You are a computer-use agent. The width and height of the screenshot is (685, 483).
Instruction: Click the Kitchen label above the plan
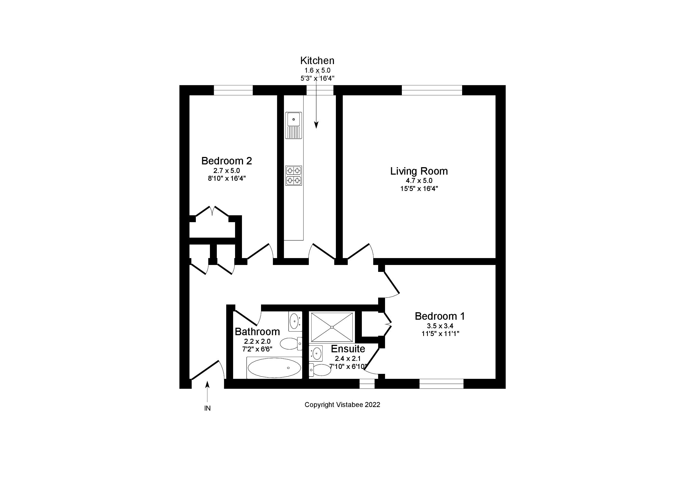pos(317,61)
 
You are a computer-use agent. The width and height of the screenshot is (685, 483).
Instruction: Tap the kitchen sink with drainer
pos(294,125)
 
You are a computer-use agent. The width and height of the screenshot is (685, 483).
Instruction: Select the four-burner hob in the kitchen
pos(294,175)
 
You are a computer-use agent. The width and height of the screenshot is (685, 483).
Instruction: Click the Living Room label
pos(419,171)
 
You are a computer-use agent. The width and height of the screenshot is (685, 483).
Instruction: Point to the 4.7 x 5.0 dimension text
pos(419,181)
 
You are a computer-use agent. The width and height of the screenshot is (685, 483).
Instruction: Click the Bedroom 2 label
pos(226,161)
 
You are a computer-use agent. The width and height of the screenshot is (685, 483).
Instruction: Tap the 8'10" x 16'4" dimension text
pos(226,179)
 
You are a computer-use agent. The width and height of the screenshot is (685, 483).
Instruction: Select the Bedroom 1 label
pos(440,316)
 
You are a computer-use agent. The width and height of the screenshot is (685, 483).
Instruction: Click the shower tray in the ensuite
pos(332,327)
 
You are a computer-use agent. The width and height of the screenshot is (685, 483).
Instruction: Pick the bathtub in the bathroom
pos(274,368)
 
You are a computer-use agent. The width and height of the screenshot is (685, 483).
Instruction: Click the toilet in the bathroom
pos(291,343)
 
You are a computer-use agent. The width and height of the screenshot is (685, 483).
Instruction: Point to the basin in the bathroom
pos(295,321)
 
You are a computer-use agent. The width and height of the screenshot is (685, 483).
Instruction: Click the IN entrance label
pos(207,408)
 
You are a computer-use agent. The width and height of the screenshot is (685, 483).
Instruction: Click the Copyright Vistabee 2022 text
pos(342,405)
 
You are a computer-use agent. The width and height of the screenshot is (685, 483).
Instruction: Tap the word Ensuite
pos(348,349)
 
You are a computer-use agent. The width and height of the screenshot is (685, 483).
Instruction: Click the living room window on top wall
pos(432,90)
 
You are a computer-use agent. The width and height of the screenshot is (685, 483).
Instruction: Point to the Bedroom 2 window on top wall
pos(233,90)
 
